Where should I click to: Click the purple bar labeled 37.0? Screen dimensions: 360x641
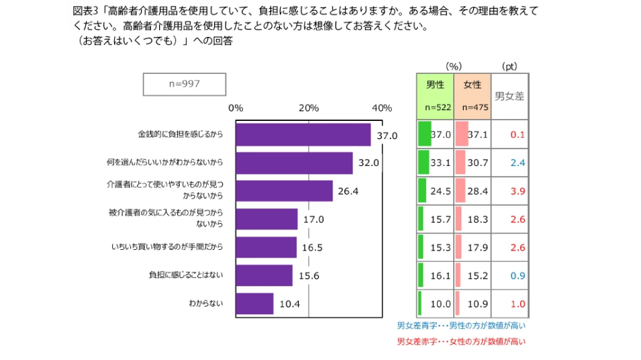(303, 134)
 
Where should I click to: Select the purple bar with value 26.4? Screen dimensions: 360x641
(284, 191)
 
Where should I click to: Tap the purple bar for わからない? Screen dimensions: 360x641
(254, 304)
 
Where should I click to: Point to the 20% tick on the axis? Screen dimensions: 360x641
(309, 108)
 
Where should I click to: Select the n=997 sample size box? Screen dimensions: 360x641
(184, 84)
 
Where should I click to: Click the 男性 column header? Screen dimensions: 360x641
(435, 85)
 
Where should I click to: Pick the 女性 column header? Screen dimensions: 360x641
(472, 85)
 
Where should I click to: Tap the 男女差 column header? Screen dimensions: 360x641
(509, 96)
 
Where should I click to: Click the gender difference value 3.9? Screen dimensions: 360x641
(517, 191)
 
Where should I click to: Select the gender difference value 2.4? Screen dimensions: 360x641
(517, 163)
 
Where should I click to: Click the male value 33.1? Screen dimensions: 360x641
(440, 163)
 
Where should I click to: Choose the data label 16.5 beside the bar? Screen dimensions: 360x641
(312, 247)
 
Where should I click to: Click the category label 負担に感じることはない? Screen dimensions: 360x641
(186, 275)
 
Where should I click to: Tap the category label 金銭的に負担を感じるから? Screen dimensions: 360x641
(181, 134)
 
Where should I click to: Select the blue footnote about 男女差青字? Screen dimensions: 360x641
(461, 326)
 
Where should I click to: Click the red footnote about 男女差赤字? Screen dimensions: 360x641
(461, 342)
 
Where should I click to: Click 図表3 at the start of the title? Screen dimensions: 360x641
(85, 11)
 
